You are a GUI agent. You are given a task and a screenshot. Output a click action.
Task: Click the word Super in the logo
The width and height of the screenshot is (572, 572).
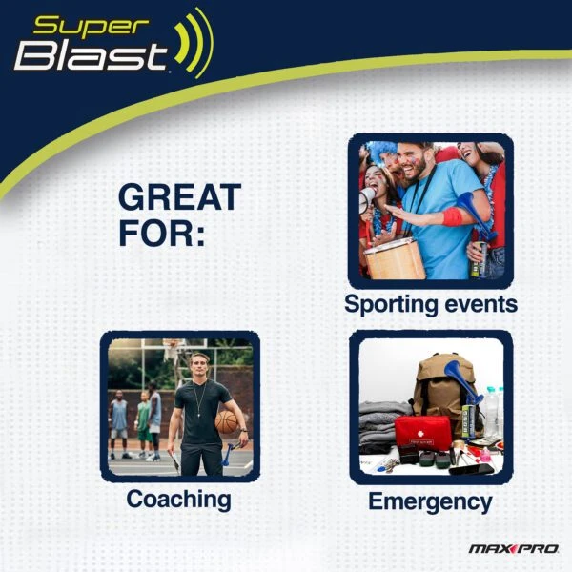click(x=92, y=28)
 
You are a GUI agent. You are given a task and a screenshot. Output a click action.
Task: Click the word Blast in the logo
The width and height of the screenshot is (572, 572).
click(x=92, y=56)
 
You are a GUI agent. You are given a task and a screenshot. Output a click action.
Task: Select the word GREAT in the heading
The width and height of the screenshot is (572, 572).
click(x=179, y=197)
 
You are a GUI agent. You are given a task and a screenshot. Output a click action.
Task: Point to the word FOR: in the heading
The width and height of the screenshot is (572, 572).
click(x=162, y=233)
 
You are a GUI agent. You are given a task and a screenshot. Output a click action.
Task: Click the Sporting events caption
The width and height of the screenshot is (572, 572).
click(x=431, y=304)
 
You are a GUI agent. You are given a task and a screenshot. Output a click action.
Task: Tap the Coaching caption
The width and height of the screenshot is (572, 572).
click(x=178, y=500)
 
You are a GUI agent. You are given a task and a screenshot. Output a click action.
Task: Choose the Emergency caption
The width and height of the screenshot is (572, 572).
click(x=430, y=501)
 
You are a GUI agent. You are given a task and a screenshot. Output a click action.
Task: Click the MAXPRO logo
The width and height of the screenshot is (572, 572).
click(x=514, y=548)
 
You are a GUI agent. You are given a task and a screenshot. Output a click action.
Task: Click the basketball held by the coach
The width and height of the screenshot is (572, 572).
click(x=226, y=421)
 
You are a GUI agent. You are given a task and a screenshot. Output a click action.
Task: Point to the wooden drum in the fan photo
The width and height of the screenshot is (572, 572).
click(x=395, y=259)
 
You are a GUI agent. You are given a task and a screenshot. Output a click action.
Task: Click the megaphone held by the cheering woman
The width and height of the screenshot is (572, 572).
click(x=367, y=199)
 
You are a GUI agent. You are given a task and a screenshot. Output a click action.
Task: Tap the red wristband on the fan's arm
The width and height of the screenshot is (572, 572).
click(x=452, y=216)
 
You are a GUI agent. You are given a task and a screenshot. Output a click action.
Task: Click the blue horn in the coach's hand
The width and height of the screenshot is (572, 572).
click(x=227, y=454)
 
